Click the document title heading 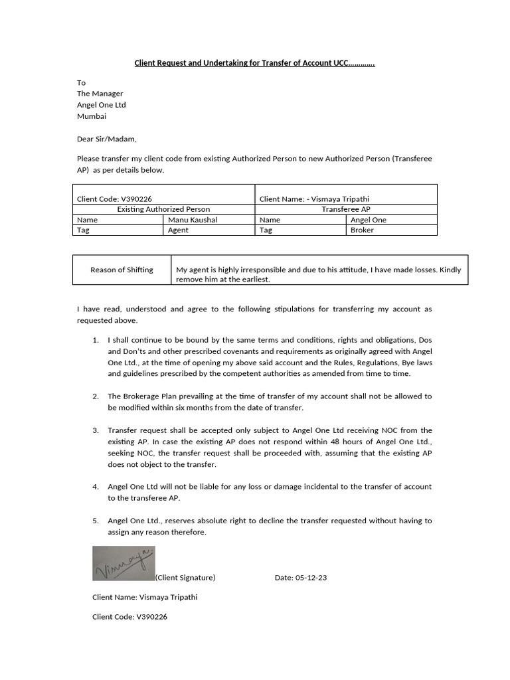255,64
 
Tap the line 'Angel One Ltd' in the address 101,105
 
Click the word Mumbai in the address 92,116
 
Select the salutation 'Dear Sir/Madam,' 106,139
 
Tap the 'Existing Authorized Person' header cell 163,209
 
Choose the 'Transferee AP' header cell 346,209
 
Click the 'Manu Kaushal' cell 193,220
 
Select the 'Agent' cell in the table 178,230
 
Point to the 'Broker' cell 362,230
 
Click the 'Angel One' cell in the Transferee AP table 368,220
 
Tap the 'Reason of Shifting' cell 122,270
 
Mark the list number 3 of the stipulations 96,430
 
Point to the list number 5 96,521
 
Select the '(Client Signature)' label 185,577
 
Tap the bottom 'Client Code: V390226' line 129,616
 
